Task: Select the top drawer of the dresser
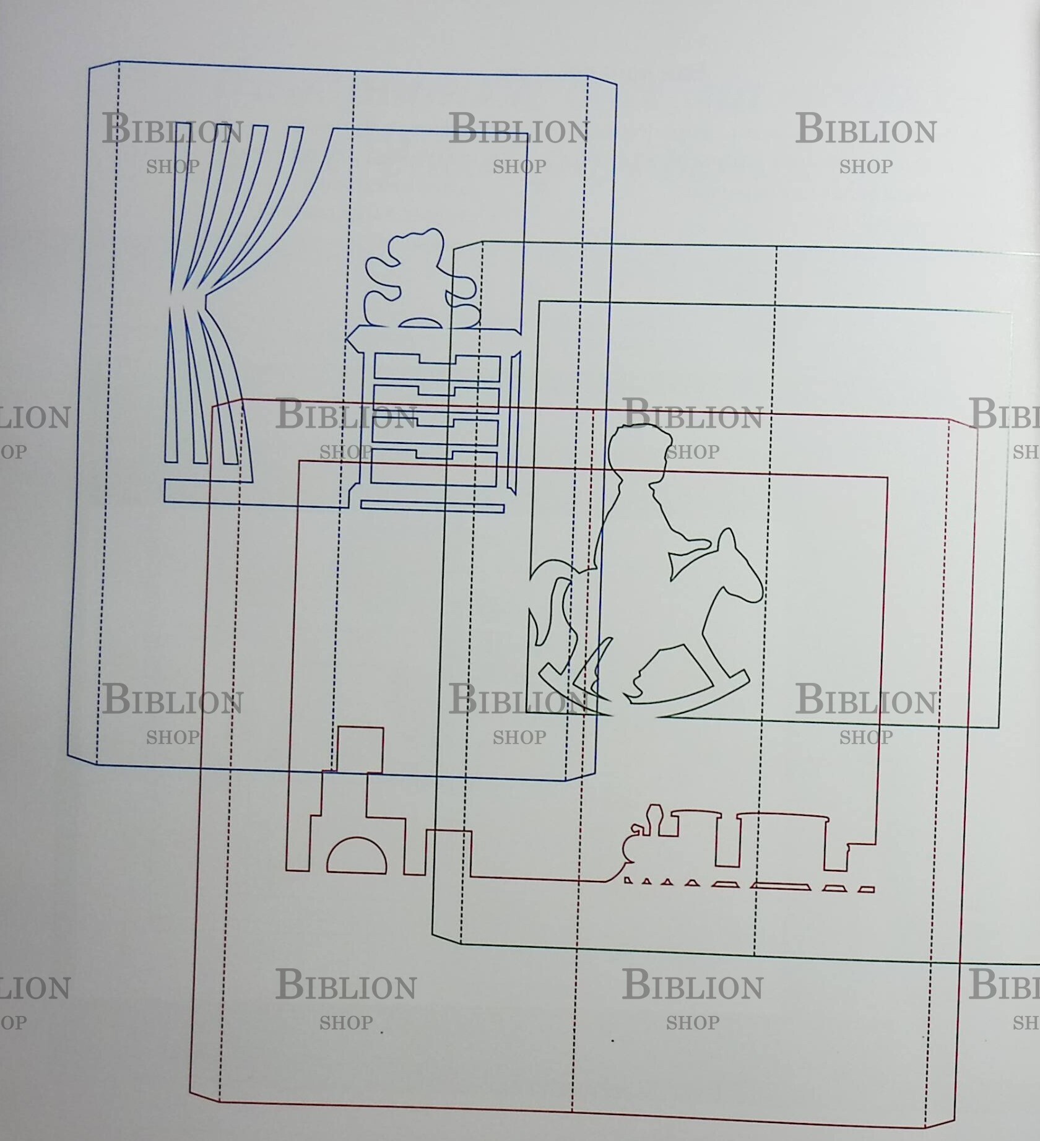point(436,367)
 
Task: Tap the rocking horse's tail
point(551,594)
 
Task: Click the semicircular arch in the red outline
point(357,857)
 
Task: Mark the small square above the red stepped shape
point(360,749)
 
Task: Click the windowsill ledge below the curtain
point(248,492)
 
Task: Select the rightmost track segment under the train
point(866,890)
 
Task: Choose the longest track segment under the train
point(780,886)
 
